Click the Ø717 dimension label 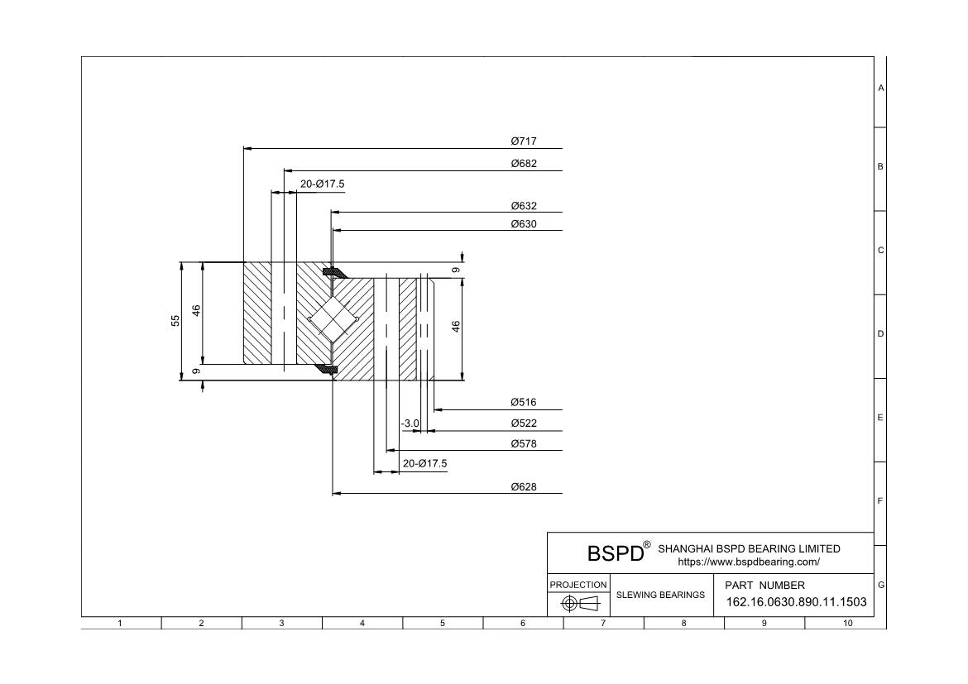524,141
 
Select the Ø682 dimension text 524,164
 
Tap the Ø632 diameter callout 524,206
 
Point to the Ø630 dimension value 524,223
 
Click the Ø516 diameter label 524,403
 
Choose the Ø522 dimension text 524,423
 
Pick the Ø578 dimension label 524,444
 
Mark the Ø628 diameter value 524,487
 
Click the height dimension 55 175,321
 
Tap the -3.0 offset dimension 410,423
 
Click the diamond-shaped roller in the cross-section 332,319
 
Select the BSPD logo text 616,553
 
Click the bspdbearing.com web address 748,562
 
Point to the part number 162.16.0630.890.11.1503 796,602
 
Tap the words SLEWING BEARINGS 661,595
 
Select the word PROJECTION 578,585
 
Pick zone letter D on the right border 880,334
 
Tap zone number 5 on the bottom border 443,624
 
